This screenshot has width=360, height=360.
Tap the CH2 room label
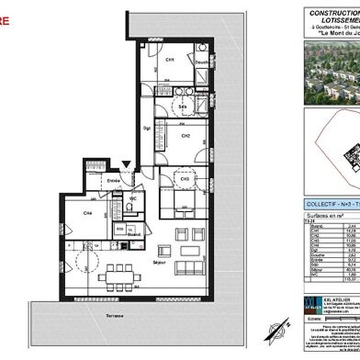tap(185, 136)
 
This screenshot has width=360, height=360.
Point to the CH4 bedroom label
tap(88, 213)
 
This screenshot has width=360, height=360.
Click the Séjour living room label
tap(158, 264)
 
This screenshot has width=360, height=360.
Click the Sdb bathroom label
tap(183, 108)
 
